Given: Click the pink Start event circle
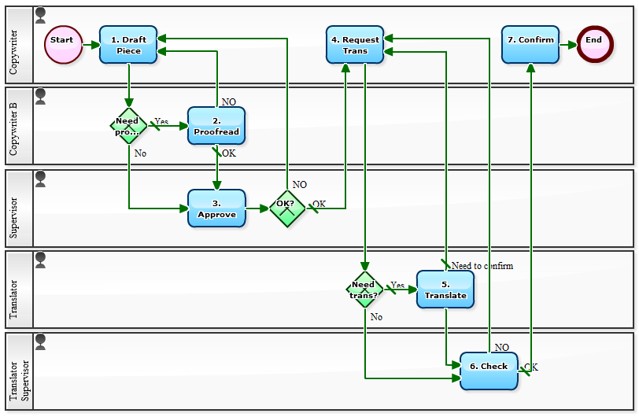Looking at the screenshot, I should [x=62, y=45].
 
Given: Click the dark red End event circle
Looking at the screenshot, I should [x=594, y=45].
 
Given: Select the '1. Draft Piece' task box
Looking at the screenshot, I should [x=128, y=45].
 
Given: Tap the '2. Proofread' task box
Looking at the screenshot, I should [x=216, y=126].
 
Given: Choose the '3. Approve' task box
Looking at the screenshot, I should [x=216, y=208].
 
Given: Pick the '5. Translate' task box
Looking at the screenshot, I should [x=445, y=290].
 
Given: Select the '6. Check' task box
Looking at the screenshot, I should [x=489, y=371].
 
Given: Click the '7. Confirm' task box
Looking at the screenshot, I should [x=530, y=45].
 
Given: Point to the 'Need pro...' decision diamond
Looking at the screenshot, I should [x=128, y=126].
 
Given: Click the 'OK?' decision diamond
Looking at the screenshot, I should [x=286, y=208].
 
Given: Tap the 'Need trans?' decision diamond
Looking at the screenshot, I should [x=364, y=290].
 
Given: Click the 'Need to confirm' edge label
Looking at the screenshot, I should [x=482, y=266].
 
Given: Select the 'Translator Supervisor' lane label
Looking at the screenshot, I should [x=19, y=371].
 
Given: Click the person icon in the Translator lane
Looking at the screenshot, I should [x=40, y=259].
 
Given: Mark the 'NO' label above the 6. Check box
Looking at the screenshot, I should [x=501, y=347].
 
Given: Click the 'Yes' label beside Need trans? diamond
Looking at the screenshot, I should [x=397, y=286].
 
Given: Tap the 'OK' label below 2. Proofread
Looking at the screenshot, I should [x=228, y=153].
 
